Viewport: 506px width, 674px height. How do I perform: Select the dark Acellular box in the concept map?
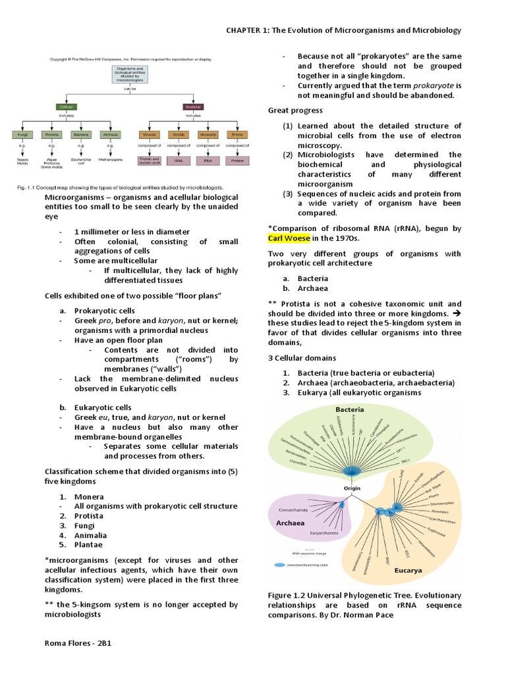pyautogui.click(x=194, y=107)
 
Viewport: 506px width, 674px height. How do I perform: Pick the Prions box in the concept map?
pyautogui.click(x=237, y=134)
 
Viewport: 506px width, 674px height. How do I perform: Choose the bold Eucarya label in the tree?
pyautogui.click(x=408, y=570)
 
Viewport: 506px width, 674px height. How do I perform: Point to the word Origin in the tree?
pyautogui.click(x=353, y=488)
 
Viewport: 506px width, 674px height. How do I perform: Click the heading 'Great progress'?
pyautogui.click(x=295, y=110)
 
